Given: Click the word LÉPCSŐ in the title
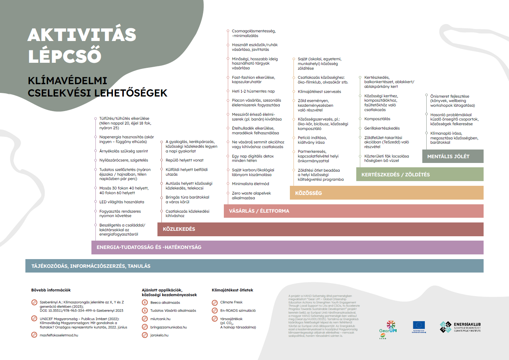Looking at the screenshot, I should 65,56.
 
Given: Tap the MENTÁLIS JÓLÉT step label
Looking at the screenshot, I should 448,156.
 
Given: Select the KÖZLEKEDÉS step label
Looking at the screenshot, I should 179,229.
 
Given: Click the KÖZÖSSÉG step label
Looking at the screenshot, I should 308,193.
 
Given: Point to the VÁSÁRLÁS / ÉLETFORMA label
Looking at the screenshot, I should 259,211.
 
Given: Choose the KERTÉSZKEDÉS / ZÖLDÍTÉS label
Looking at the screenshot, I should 395,175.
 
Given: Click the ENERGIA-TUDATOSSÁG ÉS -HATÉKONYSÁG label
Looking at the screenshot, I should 149,247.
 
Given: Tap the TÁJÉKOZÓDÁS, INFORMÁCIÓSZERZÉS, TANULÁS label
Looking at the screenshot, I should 91,266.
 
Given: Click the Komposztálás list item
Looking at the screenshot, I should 377,119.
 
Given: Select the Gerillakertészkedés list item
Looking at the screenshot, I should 382,128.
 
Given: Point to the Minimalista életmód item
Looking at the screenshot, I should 250,184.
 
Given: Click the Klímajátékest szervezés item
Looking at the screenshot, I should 319,92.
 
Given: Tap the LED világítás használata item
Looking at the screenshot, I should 122,202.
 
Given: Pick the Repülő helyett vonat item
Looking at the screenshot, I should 184,160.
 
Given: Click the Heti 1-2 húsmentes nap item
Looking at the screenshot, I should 253,91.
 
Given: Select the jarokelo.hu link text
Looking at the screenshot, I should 159,335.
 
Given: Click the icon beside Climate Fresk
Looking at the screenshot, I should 215,302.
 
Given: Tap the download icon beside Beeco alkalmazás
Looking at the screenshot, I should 144,302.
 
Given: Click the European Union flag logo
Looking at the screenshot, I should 419,326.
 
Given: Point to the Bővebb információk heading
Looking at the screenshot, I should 51,290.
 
